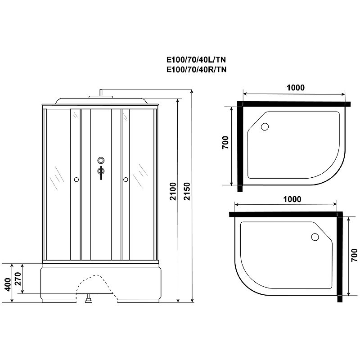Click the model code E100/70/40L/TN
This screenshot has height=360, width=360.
coord(196,60)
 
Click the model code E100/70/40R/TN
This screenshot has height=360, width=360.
coord(196,69)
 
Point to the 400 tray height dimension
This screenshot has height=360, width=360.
coord(8,285)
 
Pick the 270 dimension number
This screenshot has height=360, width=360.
coord(18,279)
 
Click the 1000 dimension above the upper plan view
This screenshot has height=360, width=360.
coord(296,87)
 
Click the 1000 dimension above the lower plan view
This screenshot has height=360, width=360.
coord(292,199)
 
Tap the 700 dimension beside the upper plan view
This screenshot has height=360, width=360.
coord(225,142)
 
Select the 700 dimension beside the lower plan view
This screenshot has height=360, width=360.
coord(354,255)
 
